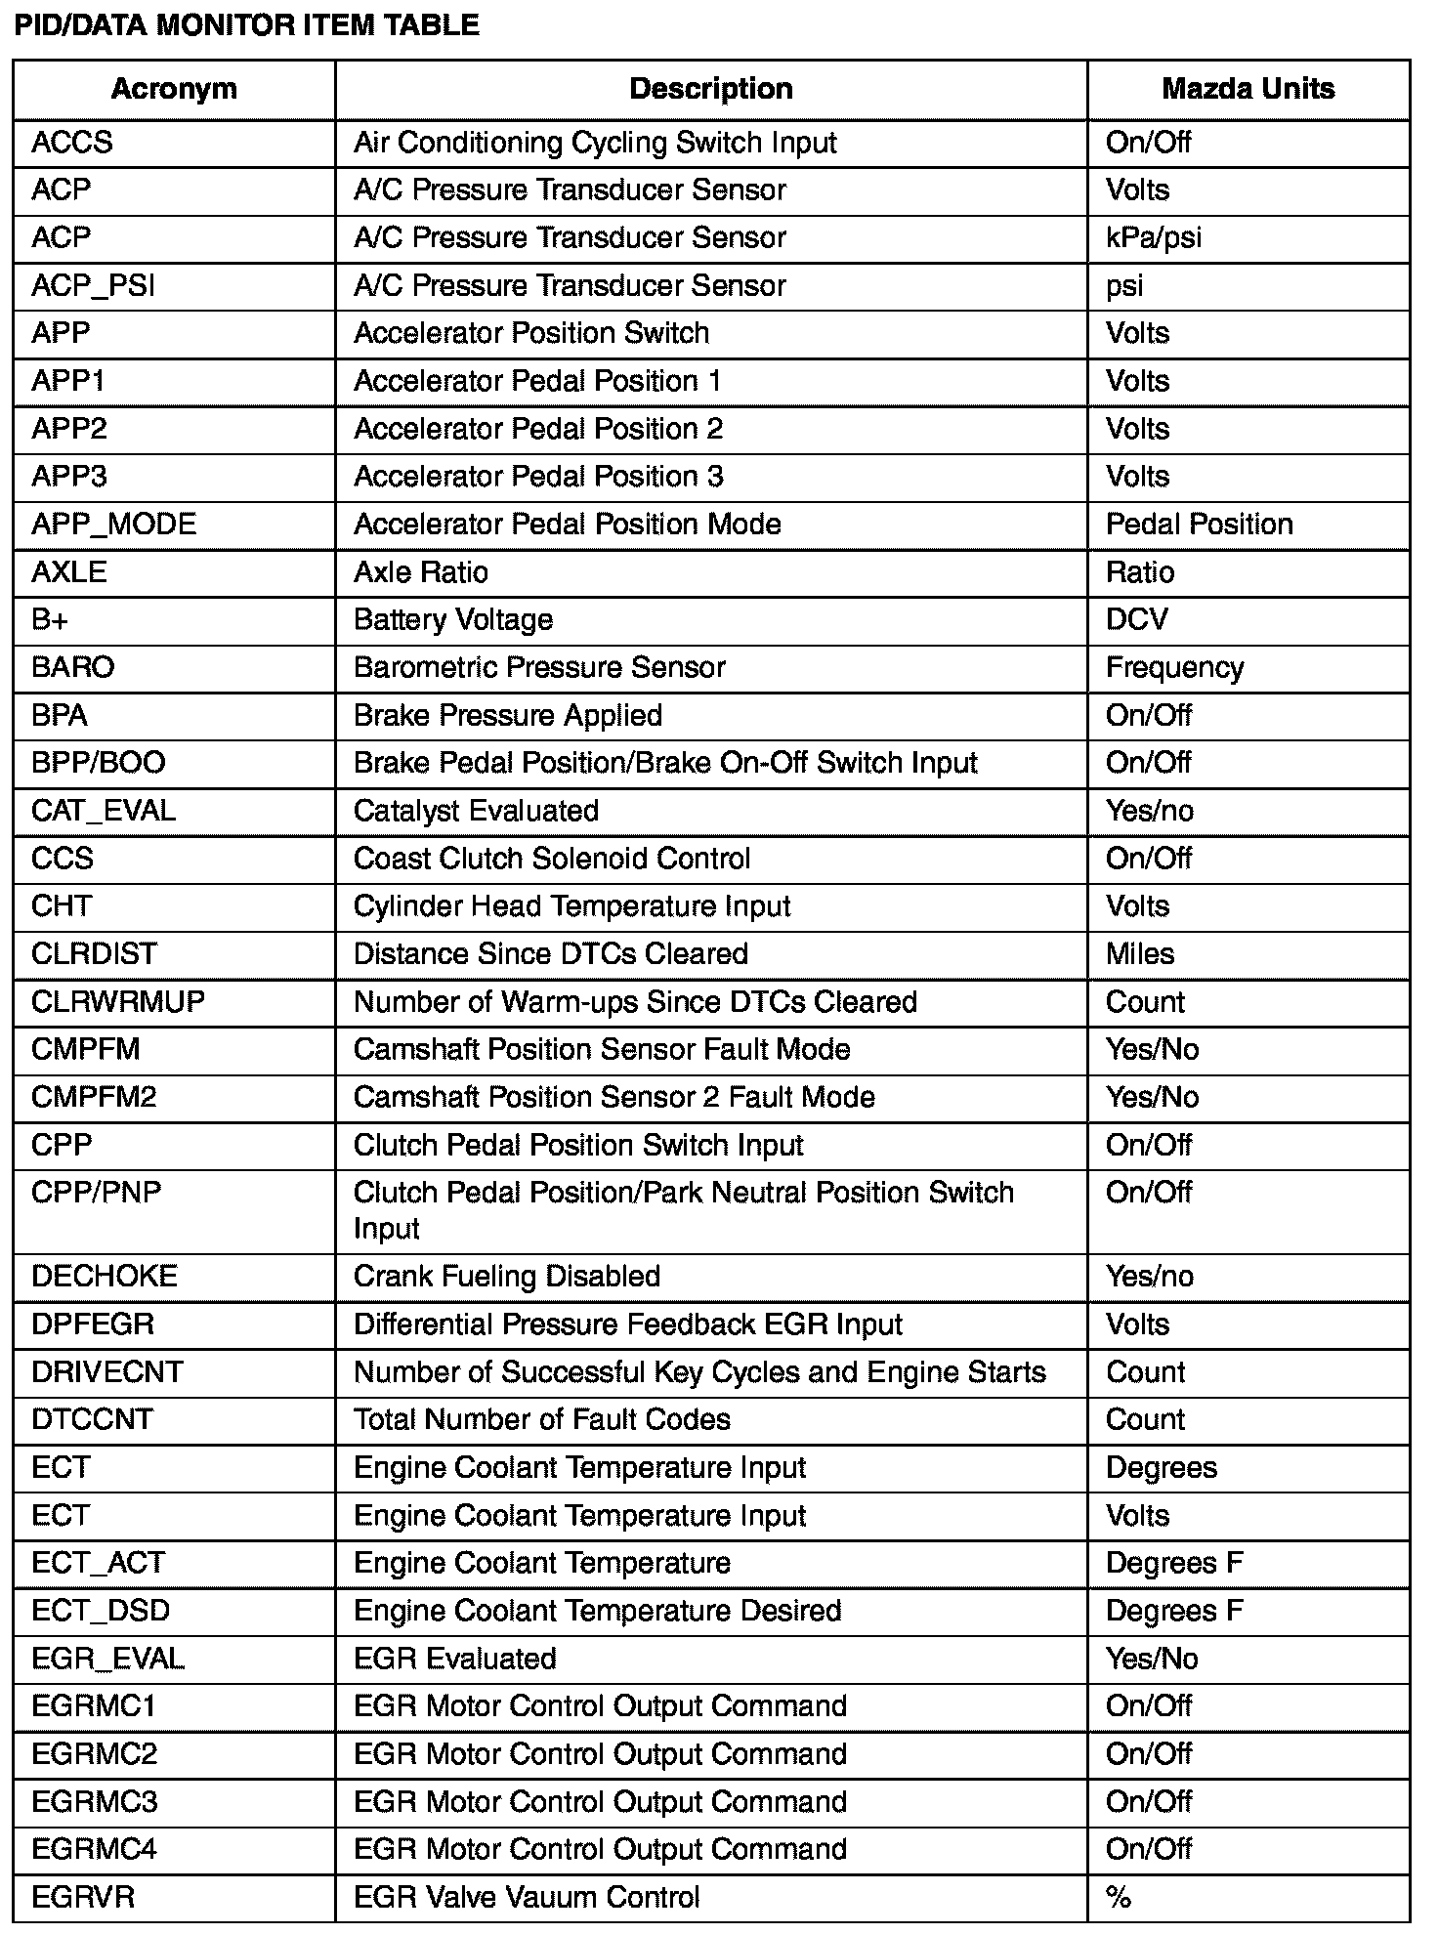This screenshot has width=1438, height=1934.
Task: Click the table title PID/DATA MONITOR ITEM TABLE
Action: pos(246,25)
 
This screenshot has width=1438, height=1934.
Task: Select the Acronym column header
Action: pos(174,89)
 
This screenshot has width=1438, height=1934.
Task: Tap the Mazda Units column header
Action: pos(1248,89)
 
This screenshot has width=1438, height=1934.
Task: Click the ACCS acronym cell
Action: pos(72,143)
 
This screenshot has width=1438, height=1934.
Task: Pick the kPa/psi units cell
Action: pos(1153,238)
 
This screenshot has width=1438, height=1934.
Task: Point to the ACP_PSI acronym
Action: pos(93,286)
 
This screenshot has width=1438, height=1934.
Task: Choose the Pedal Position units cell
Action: pos(1199,525)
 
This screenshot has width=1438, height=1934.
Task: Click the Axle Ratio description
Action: pos(420,572)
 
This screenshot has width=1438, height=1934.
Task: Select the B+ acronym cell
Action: pos(49,620)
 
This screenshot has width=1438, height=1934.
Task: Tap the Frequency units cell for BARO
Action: pos(1174,668)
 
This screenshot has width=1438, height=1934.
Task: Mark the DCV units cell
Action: pos(1136,620)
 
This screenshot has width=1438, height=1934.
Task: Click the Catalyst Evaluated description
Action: pos(476,811)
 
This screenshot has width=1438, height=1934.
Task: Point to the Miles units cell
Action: pos(1139,954)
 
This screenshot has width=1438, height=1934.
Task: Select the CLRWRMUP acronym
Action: pos(117,1002)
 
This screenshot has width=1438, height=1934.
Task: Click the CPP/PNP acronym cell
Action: pos(96,1193)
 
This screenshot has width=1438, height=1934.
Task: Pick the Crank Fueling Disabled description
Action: pos(506,1277)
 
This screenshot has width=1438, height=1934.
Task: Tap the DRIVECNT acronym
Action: pos(107,1372)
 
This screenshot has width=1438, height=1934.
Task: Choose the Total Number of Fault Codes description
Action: pos(541,1419)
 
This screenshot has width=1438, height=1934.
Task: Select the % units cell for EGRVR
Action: pos(1118,1897)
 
